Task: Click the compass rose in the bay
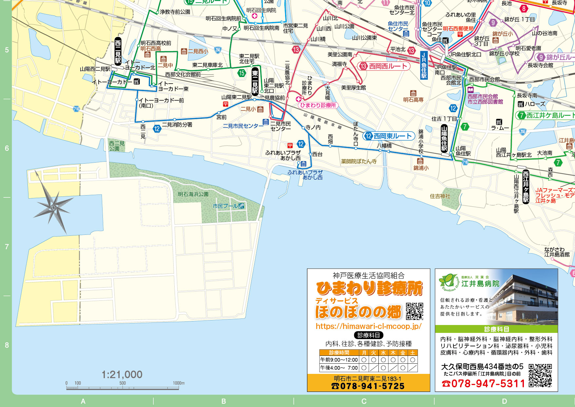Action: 52,207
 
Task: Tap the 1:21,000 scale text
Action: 122,375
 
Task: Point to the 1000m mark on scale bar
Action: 179,383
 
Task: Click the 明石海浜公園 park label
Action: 193,194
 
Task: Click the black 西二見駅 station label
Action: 118,51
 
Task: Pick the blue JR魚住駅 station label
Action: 424,65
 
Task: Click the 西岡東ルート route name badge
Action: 389,136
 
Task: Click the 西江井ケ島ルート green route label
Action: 546,115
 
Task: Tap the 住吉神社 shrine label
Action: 440,196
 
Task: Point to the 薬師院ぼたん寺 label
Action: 358,161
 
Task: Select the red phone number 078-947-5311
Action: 484,383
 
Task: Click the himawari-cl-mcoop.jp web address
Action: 368,326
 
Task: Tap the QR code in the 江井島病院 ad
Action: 540,375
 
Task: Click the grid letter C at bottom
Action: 364,401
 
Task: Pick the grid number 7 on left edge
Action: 7,247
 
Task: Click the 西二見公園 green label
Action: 117,146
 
